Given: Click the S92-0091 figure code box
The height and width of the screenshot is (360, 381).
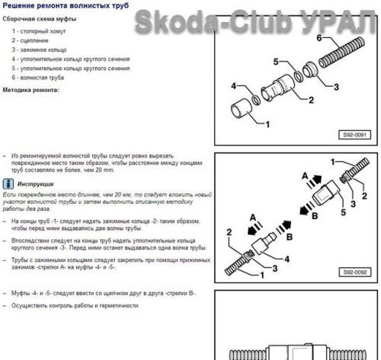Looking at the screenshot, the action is [351, 134].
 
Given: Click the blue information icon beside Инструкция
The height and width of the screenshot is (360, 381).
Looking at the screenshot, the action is [7, 183].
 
